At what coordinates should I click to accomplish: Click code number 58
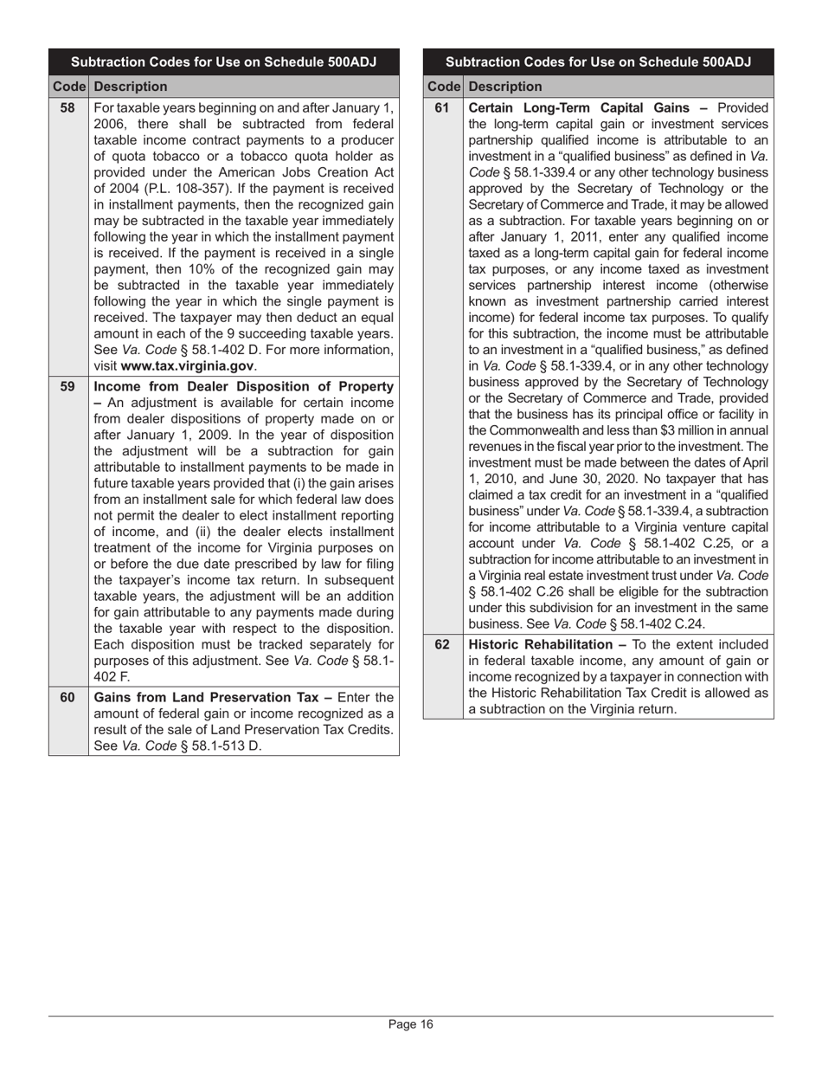click(67, 108)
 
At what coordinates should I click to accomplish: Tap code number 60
click(67, 697)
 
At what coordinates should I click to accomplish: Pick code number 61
click(442, 108)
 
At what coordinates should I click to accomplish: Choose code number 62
click(442, 644)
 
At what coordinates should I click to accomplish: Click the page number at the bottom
click(410, 1024)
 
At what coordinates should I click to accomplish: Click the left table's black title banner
click(223, 62)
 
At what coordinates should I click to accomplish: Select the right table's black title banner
click(598, 62)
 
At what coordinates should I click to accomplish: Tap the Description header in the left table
click(130, 87)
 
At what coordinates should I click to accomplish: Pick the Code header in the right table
click(442, 87)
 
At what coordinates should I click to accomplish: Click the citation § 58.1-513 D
click(216, 745)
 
